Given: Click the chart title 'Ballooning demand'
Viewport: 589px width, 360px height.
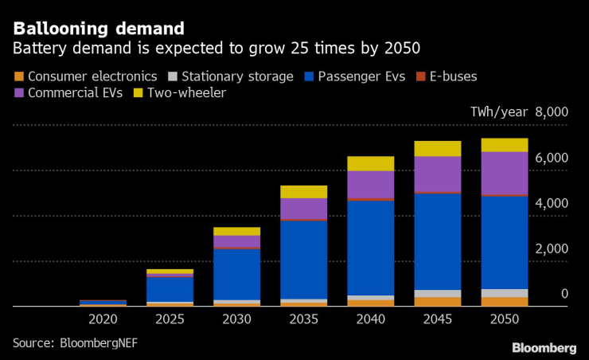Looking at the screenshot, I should (99, 29).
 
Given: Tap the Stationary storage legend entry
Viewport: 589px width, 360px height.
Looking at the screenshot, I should (226, 77).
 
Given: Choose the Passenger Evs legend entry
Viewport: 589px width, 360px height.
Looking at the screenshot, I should (354, 77).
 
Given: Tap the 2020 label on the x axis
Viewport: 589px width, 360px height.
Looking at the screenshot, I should (103, 319).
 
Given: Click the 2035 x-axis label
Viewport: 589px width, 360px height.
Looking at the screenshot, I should (303, 319).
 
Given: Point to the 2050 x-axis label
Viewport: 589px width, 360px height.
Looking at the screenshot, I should (505, 319).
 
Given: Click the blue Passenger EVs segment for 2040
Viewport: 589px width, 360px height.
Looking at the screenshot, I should (370, 247).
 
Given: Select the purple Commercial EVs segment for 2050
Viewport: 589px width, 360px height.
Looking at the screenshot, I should (505, 173).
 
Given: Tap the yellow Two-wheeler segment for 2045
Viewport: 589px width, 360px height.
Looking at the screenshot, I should (437, 148).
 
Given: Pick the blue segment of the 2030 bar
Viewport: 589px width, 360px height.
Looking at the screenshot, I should (236, 274).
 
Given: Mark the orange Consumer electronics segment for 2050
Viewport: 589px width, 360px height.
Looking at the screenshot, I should (505, 301).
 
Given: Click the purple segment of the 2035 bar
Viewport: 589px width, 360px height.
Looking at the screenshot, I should (303, 208).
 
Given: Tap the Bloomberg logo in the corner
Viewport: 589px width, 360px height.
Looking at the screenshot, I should (544, 347).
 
